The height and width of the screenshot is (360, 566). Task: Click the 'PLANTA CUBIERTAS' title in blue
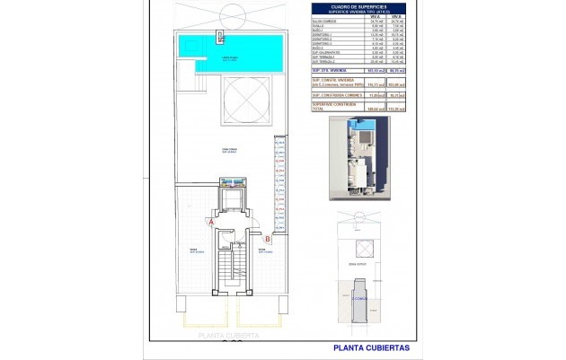pyautogui.click(x=371, y=347)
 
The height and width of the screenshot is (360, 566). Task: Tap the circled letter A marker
pyautogui.click(x=210, y=221)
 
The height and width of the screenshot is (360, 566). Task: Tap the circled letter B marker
pyautogui.click(x=267, y=239)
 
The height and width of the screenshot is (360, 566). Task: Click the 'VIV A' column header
pyautogui.click(x=352, y=17)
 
